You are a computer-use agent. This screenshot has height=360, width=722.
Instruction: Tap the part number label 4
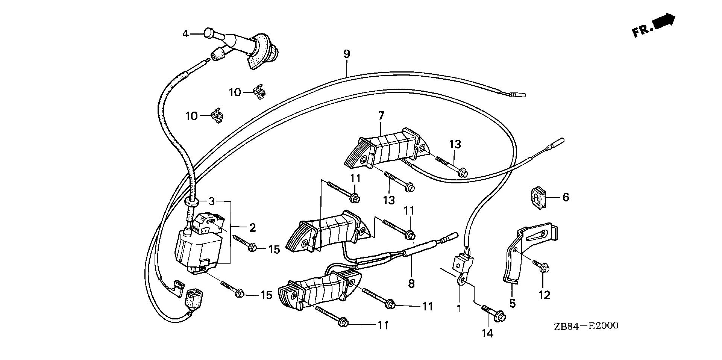point(185,34)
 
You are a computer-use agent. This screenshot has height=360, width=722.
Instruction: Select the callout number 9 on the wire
point(346,54)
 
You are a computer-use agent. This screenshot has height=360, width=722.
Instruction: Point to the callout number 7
point(381,115)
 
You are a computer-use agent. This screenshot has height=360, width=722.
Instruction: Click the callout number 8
point(411,283)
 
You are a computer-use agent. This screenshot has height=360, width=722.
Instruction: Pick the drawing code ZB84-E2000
point(587,325)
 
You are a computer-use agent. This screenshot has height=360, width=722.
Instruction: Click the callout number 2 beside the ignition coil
point(252,227)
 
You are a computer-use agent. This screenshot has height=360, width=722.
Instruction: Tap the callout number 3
point(212,201)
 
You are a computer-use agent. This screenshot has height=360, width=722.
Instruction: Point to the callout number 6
point(566,197)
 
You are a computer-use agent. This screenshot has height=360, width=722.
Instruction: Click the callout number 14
point(488,333)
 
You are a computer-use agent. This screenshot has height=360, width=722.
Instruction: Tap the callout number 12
point(544,295)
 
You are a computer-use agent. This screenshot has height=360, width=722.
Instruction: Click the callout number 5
point(512,303)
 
